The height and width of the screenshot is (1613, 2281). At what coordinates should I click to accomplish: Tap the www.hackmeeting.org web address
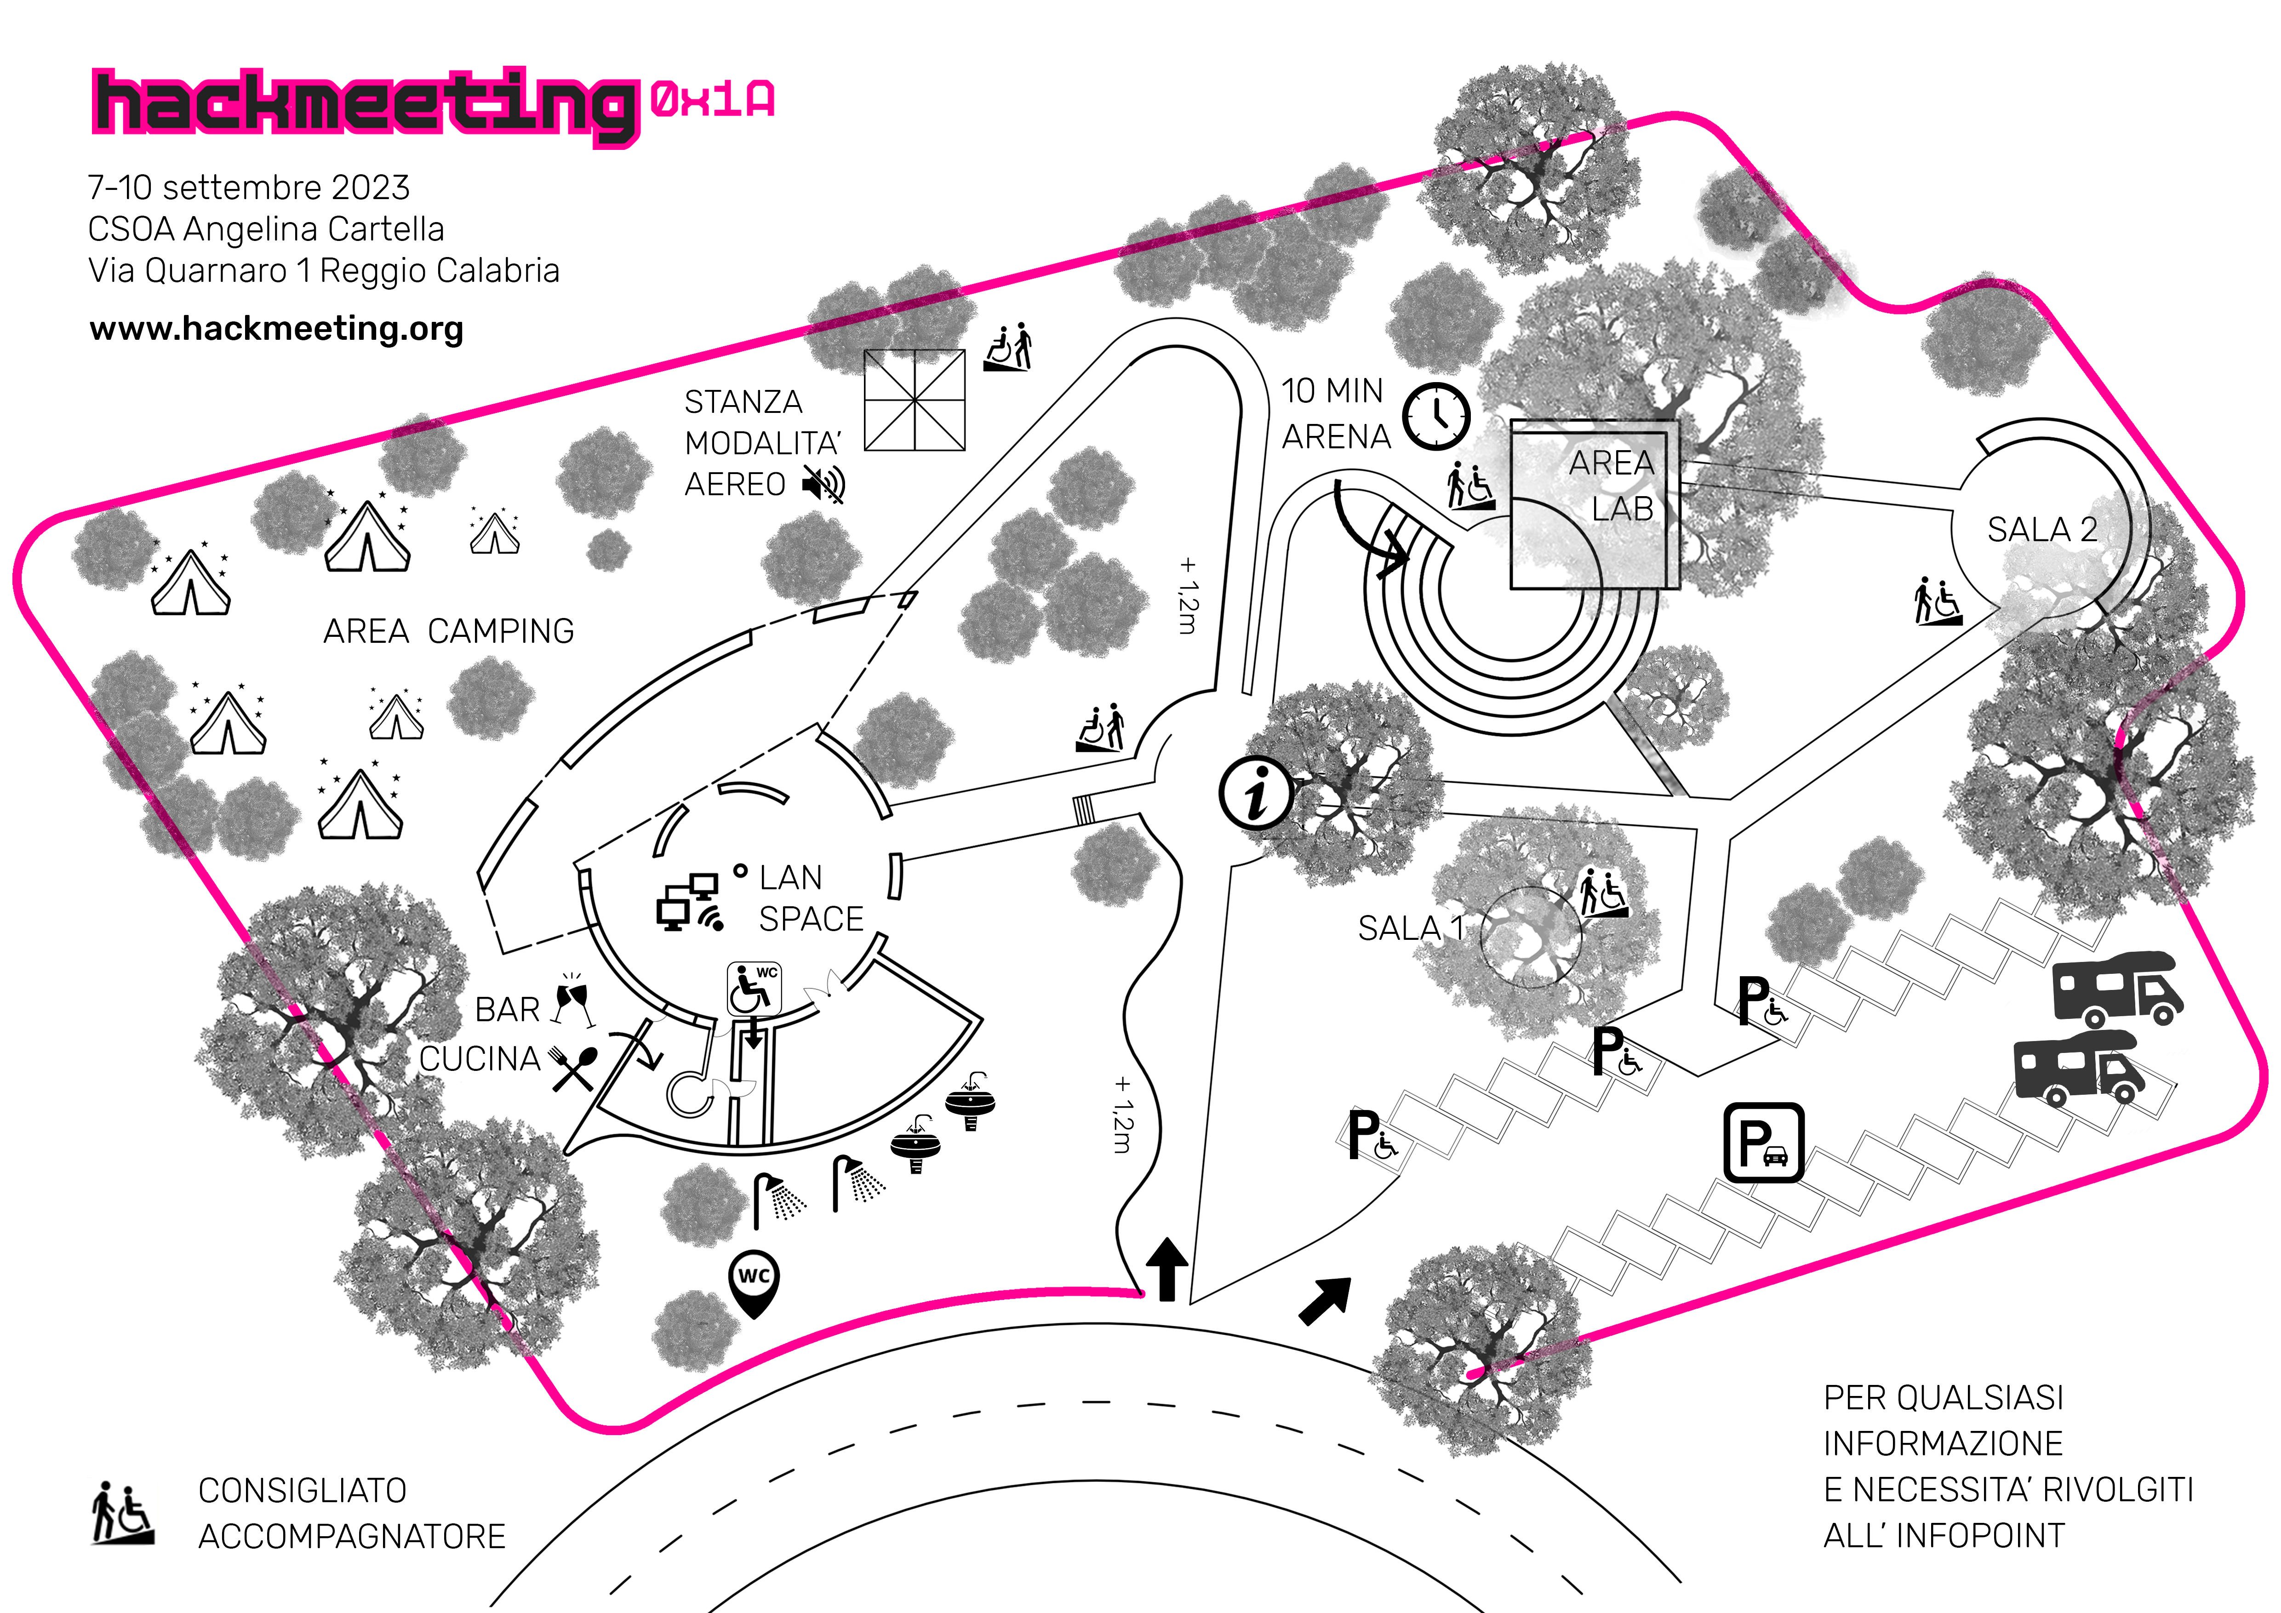click(276, 329)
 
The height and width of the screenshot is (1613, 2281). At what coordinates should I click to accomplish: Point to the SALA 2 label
click(2041, 529)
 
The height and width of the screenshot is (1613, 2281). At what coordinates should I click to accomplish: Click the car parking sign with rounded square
click(1763, 1142)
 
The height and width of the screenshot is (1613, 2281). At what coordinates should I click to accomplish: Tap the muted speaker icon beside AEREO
click(823, 485)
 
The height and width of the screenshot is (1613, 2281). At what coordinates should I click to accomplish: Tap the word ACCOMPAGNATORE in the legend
click(352, 1537)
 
